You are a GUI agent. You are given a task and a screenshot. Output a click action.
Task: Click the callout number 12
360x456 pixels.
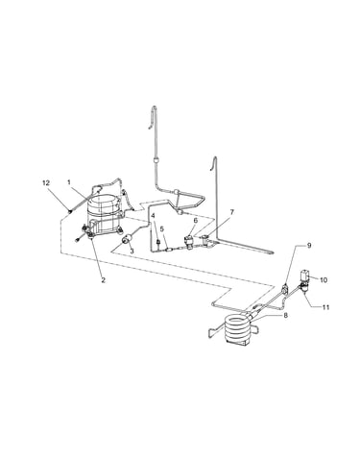pos(46,182)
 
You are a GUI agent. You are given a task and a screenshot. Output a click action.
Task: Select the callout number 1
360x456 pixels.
pos(69,182)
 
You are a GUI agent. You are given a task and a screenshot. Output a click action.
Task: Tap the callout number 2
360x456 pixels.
pos(103,279)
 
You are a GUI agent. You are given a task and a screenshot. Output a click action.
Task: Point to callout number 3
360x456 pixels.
pos(132,252)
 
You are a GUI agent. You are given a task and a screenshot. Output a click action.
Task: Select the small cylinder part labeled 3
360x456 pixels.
pos(129,239)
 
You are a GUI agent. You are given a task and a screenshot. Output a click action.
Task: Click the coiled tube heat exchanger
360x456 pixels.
pos(238,329)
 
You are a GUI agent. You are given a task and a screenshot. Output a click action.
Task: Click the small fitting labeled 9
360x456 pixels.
pos(285,289)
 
